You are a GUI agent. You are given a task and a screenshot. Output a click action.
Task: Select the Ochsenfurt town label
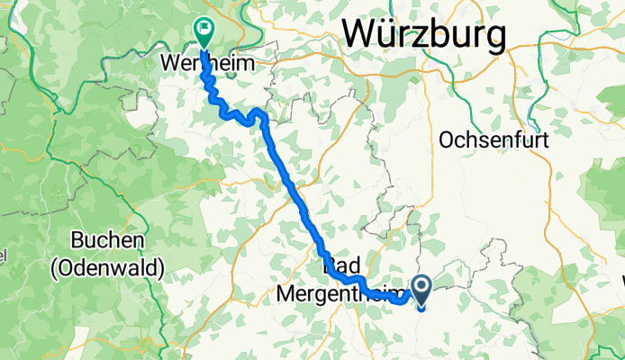click(x=494, y=140)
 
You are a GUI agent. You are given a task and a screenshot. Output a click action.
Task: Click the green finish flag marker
click(x=204, y=32)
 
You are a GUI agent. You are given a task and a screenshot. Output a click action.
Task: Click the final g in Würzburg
click(x=494, y=38)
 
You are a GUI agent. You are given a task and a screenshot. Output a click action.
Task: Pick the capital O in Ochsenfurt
click(x=446, y=140)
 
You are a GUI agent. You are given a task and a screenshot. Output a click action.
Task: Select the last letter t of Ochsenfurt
click(x=545, y=140)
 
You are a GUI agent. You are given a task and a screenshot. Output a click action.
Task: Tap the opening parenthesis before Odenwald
click(x=77, y=267)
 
